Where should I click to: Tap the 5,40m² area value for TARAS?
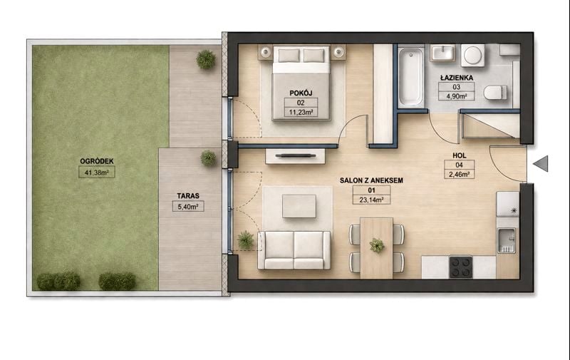(188, 207)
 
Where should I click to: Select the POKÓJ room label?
(301, 93)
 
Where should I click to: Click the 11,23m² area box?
(301, 112)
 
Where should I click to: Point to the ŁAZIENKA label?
(456, 78)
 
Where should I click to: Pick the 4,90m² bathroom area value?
(456, 96)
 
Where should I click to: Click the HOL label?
(459, 155)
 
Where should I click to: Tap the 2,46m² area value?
(459, 174)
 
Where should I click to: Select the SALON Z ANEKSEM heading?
(371, 180)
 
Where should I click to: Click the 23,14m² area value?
(371, 200)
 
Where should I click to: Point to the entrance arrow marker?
(541, 164)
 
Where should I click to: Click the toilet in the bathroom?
(495, 93)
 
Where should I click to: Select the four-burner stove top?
(460, 267)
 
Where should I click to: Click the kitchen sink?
(506, 240)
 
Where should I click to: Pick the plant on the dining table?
(376, 245)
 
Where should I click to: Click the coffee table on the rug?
(299, 206)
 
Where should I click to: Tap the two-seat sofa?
(294, 250)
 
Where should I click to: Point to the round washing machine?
(473, 56)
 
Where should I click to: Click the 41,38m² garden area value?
(97, 173)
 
